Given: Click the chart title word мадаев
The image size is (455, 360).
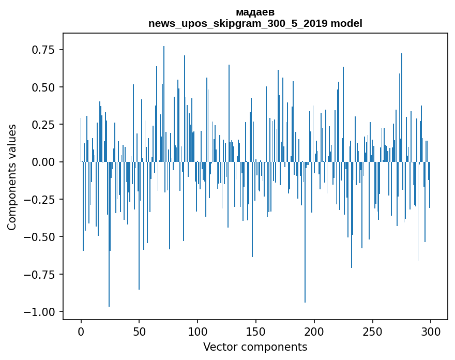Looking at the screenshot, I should pos(255,12).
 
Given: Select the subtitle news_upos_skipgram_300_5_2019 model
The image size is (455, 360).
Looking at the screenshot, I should pos(255,23).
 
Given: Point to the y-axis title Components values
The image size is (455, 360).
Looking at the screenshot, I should pos(11,176).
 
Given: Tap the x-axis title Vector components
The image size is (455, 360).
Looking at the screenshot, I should pos(255,347).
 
